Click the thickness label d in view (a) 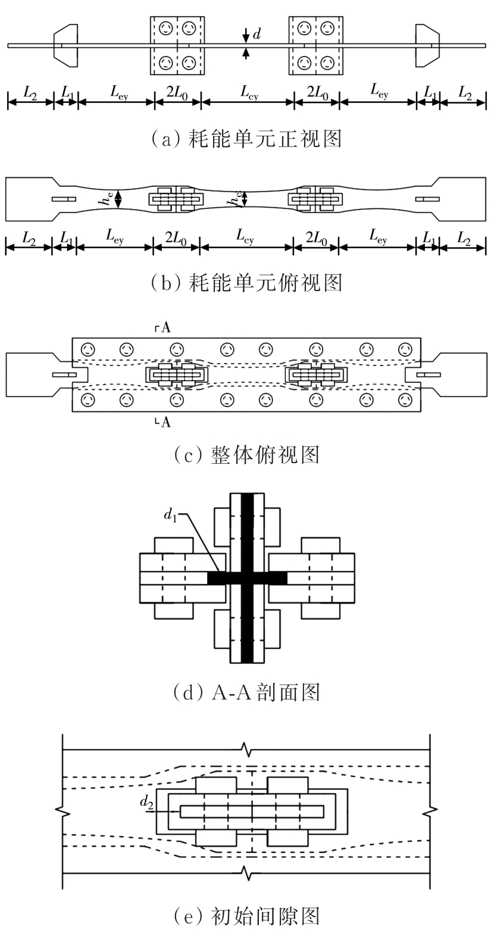257,35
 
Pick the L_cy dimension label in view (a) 248,92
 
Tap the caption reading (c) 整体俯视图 246,455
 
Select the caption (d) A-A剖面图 246,692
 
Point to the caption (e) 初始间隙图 246,915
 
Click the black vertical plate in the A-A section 248,577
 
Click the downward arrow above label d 246,35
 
